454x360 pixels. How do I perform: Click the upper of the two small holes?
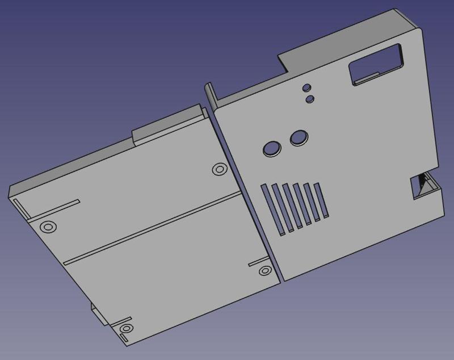306,88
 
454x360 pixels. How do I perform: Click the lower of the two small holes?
310,99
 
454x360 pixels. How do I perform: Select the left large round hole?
272,148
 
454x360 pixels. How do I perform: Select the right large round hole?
299,137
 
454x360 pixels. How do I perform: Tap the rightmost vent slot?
322,200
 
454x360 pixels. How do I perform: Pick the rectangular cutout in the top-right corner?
376,66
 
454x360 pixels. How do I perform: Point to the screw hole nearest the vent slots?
264,271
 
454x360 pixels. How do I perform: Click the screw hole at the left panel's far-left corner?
49,227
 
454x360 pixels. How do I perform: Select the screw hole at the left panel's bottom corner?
124,329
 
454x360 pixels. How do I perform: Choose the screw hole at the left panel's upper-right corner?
218,169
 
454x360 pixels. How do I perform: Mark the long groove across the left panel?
153,227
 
